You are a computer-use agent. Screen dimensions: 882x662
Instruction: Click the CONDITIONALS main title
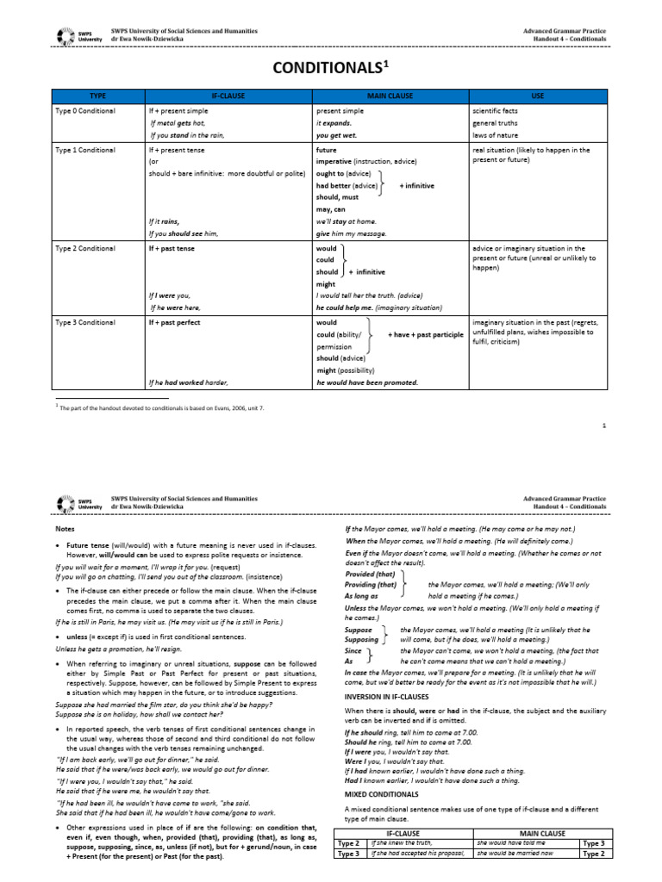[x=331, y=67]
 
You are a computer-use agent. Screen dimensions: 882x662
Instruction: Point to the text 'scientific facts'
[x=498, y=112]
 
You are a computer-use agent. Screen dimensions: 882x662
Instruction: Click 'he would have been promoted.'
[x=366, y=382]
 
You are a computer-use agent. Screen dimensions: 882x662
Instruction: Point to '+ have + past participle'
[x=425, y=334]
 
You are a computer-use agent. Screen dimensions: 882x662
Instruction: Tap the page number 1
[x=605, y=425]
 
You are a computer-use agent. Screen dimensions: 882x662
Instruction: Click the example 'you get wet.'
[x=336, y=136]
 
